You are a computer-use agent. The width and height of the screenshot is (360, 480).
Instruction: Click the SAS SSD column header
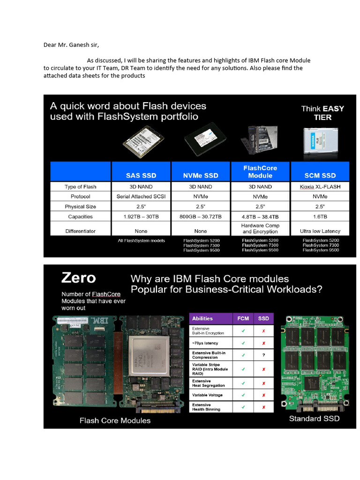141,175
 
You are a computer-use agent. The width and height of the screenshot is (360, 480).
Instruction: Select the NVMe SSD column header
200,175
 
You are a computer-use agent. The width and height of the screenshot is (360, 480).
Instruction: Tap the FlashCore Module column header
260,172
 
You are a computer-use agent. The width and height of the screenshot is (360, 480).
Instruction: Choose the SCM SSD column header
320,175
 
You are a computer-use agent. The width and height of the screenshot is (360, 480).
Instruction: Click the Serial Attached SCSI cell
141,196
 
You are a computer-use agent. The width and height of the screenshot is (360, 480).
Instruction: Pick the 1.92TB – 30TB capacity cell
141,217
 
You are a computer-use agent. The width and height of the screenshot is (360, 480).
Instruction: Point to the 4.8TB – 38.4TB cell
260,217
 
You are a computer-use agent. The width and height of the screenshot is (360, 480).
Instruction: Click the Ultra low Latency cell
320,231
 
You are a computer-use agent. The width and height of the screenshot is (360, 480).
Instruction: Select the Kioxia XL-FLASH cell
320,187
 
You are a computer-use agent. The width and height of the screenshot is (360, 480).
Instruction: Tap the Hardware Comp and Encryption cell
260,228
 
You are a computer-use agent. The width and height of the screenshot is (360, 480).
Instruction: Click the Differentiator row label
80,231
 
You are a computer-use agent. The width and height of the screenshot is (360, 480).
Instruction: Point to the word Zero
78,278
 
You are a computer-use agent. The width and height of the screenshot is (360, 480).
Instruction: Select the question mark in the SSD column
263,355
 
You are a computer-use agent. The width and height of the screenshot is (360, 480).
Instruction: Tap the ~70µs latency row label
205,343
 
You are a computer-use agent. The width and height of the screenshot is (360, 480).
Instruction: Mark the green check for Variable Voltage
243,395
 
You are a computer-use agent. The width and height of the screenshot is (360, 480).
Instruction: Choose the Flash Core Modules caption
115,420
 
